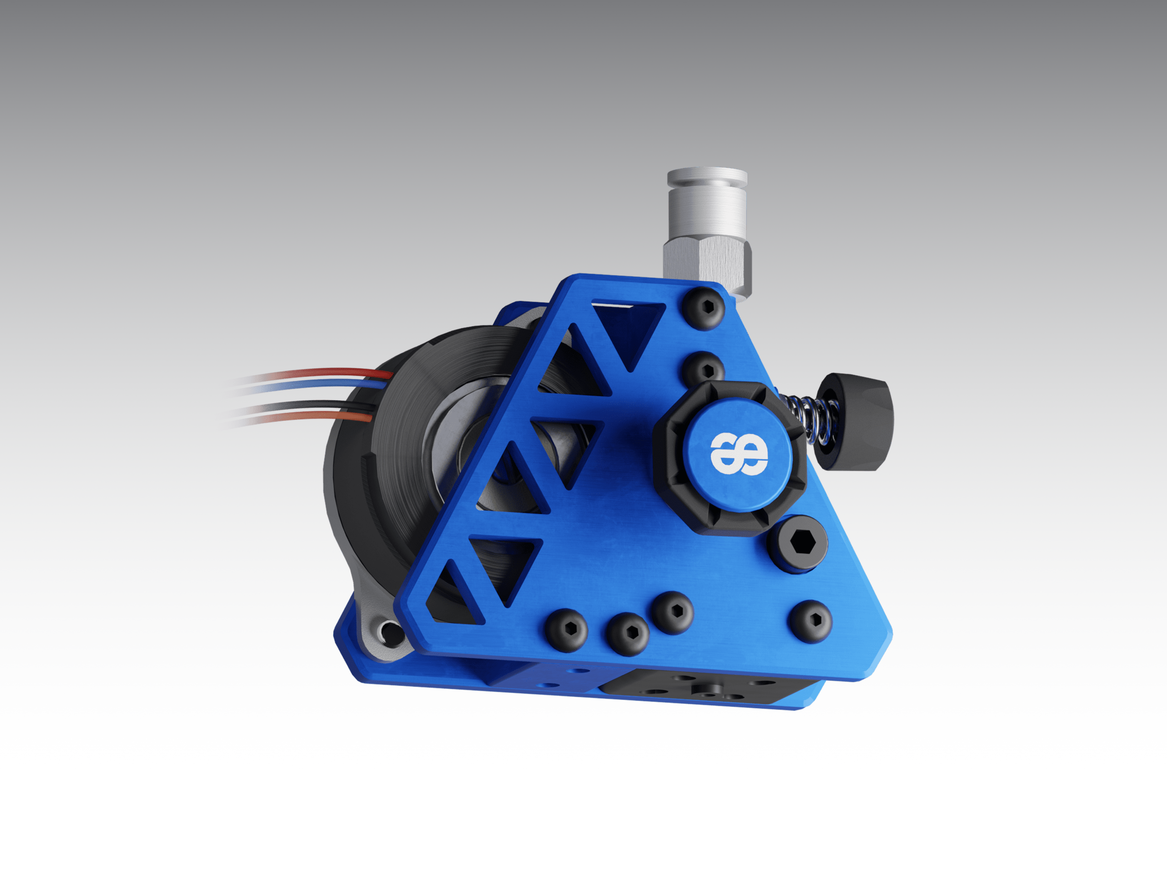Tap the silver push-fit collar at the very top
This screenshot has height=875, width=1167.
coord(707,177)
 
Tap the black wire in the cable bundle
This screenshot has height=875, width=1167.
coord(317,406)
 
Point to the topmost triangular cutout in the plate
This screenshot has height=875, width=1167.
coord(628,330)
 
